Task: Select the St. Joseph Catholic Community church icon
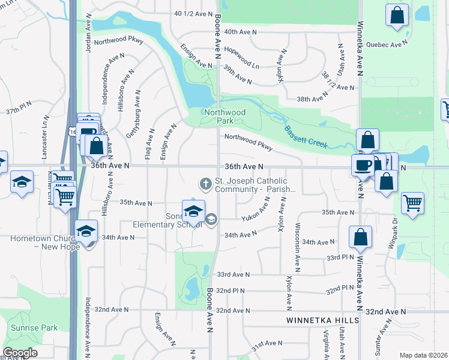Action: [x=206, y=184]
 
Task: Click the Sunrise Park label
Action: [x=34, y=328]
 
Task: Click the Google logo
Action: [x=20, y=353]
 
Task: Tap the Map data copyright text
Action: [x=423, y=355]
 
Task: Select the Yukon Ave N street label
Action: [x=255, y=212]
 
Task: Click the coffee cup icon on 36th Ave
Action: [x=362, y=166]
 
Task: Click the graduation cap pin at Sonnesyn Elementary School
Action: [x=193, y=212]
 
